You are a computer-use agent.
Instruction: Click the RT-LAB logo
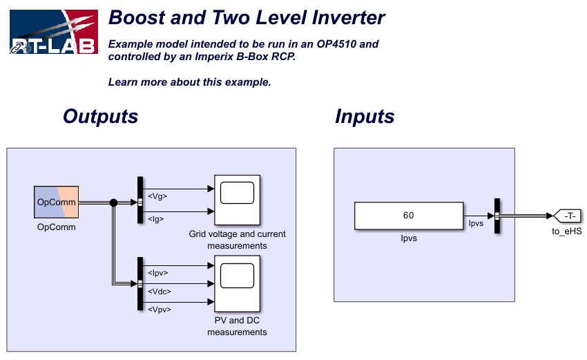[54, 32]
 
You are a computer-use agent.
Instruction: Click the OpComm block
[56, 202]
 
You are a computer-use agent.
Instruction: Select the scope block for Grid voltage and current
[237, 200]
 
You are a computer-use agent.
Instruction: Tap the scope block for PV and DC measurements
[237, 283]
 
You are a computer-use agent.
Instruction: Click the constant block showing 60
[409, 216]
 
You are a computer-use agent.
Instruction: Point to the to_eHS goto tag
[567, 216]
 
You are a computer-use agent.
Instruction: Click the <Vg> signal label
[157, 196]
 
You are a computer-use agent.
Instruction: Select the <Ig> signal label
[156, 219]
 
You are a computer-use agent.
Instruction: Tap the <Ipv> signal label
[157, 273]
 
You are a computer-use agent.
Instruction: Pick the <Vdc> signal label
[159, 292]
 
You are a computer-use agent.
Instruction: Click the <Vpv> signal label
[159, 310]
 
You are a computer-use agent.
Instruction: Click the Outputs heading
[100, 116]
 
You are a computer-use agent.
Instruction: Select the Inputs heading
[365, 117]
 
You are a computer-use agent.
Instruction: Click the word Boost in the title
[136, 17]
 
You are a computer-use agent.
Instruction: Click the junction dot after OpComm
[113, 202]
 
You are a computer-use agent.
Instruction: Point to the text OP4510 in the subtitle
[336, 44]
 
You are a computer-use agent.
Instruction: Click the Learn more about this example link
[189, 82]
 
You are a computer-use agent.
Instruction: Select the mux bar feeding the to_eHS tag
[497, 216]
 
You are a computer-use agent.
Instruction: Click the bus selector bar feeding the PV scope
[140, 283]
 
